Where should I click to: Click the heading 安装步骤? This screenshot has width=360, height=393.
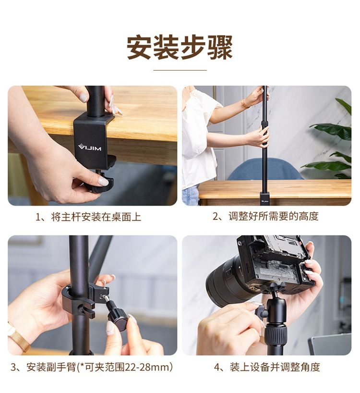(180, 48)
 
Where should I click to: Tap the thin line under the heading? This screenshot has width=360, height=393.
(180, 71)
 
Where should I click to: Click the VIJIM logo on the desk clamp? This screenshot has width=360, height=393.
(90, 147)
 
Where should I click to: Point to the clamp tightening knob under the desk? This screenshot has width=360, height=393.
(99, 183)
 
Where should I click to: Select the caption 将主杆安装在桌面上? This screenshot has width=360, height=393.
(96, 217)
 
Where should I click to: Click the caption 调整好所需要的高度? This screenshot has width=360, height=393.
(274, 216)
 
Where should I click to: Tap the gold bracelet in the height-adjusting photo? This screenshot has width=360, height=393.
(244, 103)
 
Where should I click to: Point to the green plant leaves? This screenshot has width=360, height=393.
(330, 140)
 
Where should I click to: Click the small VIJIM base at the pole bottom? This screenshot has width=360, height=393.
(264, 198)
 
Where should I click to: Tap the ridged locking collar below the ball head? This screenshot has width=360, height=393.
(276, 333)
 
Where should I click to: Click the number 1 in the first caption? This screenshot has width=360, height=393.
(38, 217)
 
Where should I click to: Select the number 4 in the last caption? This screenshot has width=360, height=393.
(217, 368)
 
